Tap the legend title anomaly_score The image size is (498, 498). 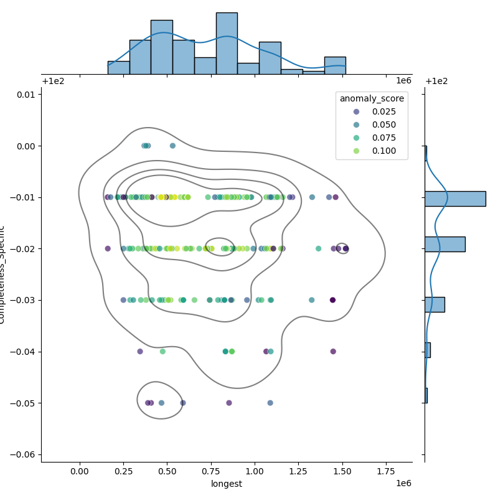tap(372, 98)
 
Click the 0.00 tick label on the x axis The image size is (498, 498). tap(80, 472)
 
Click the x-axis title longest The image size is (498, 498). tap(227, 484)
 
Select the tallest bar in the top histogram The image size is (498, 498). tap(227, 44)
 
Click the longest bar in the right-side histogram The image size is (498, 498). tap(455, 199)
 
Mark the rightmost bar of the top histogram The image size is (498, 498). tap(335, 65)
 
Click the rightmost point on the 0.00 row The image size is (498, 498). tap(172, 146)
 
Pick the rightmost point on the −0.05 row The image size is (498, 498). tap(270, 403)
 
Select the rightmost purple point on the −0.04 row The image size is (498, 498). tap(333, 352)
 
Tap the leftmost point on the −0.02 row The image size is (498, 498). tap(108, 248)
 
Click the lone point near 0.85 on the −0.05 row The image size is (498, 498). tap(229, 403)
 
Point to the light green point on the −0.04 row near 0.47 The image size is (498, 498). tap(162, 352)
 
